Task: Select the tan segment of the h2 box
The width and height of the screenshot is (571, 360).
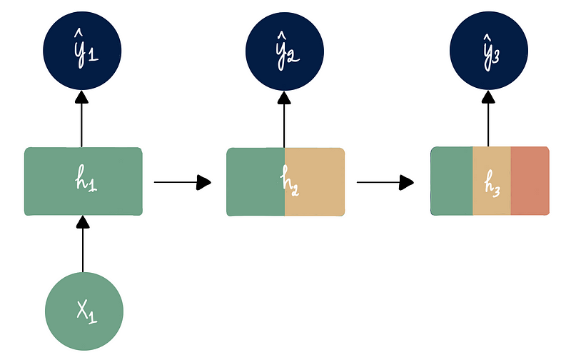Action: tap(321, 181)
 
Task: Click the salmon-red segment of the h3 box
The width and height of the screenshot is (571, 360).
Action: tap(530, 181)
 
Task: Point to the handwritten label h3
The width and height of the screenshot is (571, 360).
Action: tap(492, 183)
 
